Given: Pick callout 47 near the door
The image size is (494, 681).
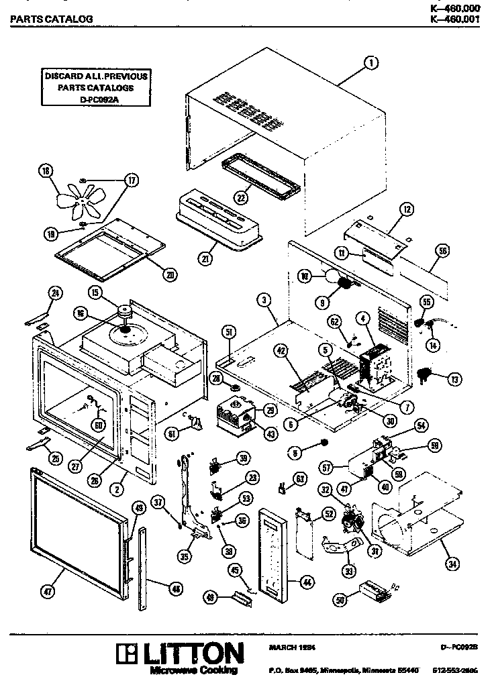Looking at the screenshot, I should tap(48, 591).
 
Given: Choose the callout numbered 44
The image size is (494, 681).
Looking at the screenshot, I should tap(307, 583).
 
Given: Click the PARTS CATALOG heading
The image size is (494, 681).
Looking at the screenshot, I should tap(51, 19).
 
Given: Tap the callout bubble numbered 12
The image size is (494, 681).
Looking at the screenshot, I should tap(406, 210).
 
